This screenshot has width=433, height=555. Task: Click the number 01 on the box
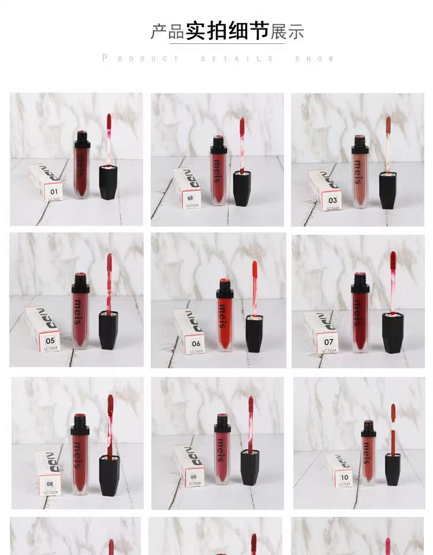[x=54, y=191]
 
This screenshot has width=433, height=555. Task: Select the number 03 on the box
[x=333, y=201]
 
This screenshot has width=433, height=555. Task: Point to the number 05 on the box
[x=51, y=341]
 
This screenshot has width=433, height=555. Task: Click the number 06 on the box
[x=196, y=343]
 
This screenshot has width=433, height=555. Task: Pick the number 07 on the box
[x=329, y=342]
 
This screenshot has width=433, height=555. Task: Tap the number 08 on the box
[x=50, y=484]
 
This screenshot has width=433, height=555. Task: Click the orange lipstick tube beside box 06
[x=225, y=318]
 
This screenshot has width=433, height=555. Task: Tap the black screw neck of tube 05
[x=81, y=282]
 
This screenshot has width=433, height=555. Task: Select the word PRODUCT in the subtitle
[x=141, y=58]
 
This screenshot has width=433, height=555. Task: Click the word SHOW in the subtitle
[x=315, y=58]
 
